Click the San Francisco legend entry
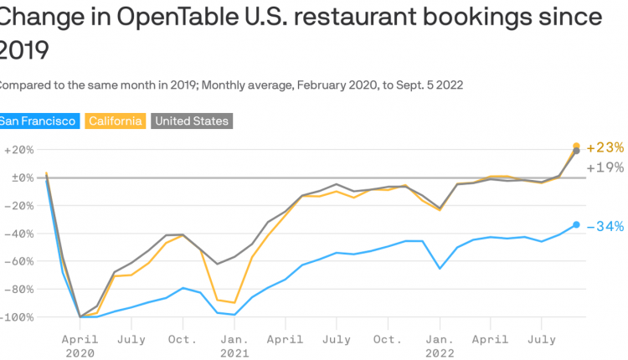[39, 121]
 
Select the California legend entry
[116, 121]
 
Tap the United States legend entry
[191, 121]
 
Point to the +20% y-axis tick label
[18, 150]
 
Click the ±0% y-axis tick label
[18, 177]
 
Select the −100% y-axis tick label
[17, 317]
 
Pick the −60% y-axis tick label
[18, 261]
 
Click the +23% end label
[605, 147]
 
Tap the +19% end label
[605, 167]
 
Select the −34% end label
[605, 226]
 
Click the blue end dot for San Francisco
[576, 224]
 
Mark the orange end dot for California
[576, 146]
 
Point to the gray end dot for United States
[576, 152]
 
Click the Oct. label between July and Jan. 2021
[183, 339]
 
